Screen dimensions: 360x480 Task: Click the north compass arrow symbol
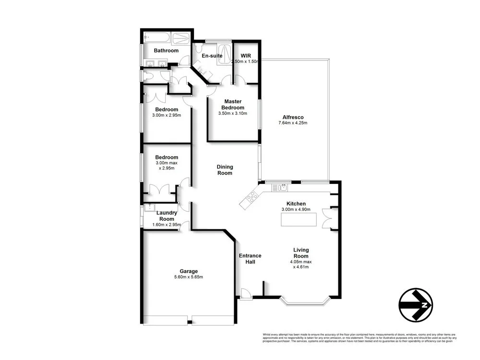tap(416, 305)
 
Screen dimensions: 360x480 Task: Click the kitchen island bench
tap(299, 219)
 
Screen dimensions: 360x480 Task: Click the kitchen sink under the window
tap(282, 187)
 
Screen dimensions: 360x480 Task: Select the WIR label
tap(246, 56)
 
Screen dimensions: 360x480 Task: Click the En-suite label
tap(211, 56)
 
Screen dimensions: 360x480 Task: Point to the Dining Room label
tap(225, 170)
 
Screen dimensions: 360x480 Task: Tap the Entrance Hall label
tap(250, 259)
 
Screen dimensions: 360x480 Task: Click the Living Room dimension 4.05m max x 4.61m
tap(301, 265)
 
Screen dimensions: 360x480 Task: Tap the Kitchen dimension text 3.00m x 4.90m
tap(296, 210)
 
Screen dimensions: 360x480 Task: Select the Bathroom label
tap(166, 50)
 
